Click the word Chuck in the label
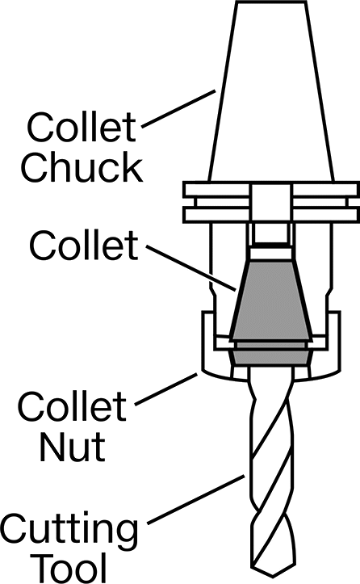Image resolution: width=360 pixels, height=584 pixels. point(82,166)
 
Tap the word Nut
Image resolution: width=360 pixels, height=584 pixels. point(73,445)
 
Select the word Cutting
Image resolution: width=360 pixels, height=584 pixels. point(69,530)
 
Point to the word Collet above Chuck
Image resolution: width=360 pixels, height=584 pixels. point(82,127)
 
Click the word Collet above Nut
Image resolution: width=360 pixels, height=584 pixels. point(72,406)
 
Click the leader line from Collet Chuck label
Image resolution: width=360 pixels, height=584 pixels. point(178,108)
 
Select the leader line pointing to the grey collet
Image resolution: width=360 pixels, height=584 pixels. point(190,267)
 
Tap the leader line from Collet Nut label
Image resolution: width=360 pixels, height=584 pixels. point(165,389)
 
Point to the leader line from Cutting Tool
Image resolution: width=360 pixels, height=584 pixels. point(196,499)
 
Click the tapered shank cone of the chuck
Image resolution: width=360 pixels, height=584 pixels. point(271,91)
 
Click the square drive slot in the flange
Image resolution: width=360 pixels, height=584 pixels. point(270,201)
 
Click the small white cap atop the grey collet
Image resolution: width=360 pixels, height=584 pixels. point(270,254)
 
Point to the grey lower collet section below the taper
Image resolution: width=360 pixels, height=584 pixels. point(270,356)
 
